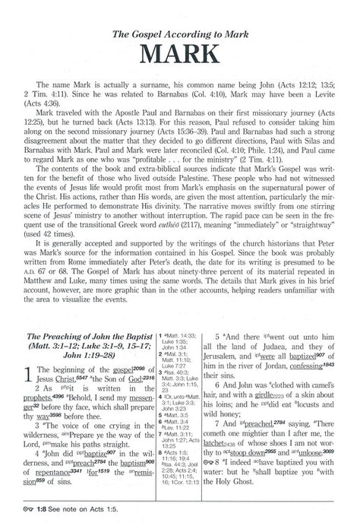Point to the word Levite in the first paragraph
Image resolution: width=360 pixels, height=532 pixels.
[x=323, y=102]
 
